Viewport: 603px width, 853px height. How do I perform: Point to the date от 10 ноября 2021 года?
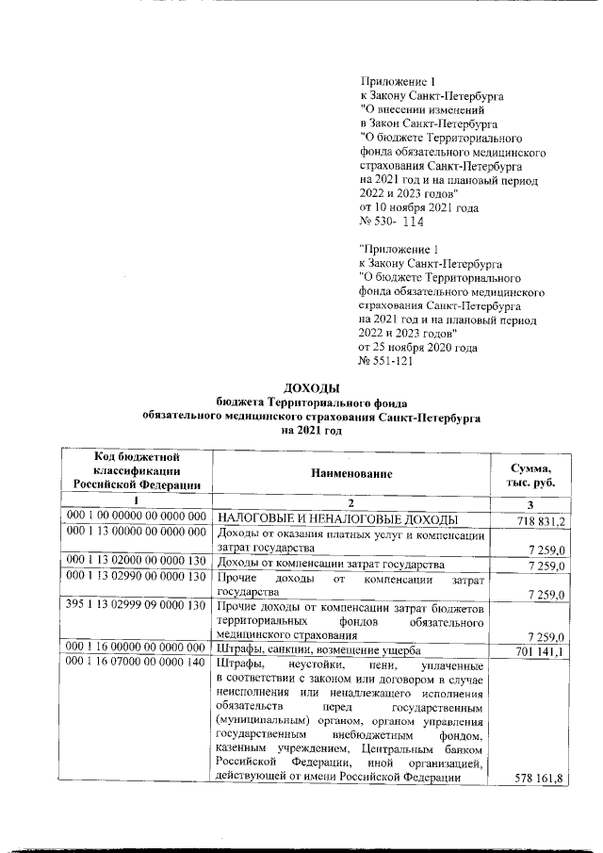(x=419, y=206)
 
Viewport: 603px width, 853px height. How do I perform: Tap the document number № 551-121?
(x=385, y=362)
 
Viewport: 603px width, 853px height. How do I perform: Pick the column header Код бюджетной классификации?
(x=137, y=470)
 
